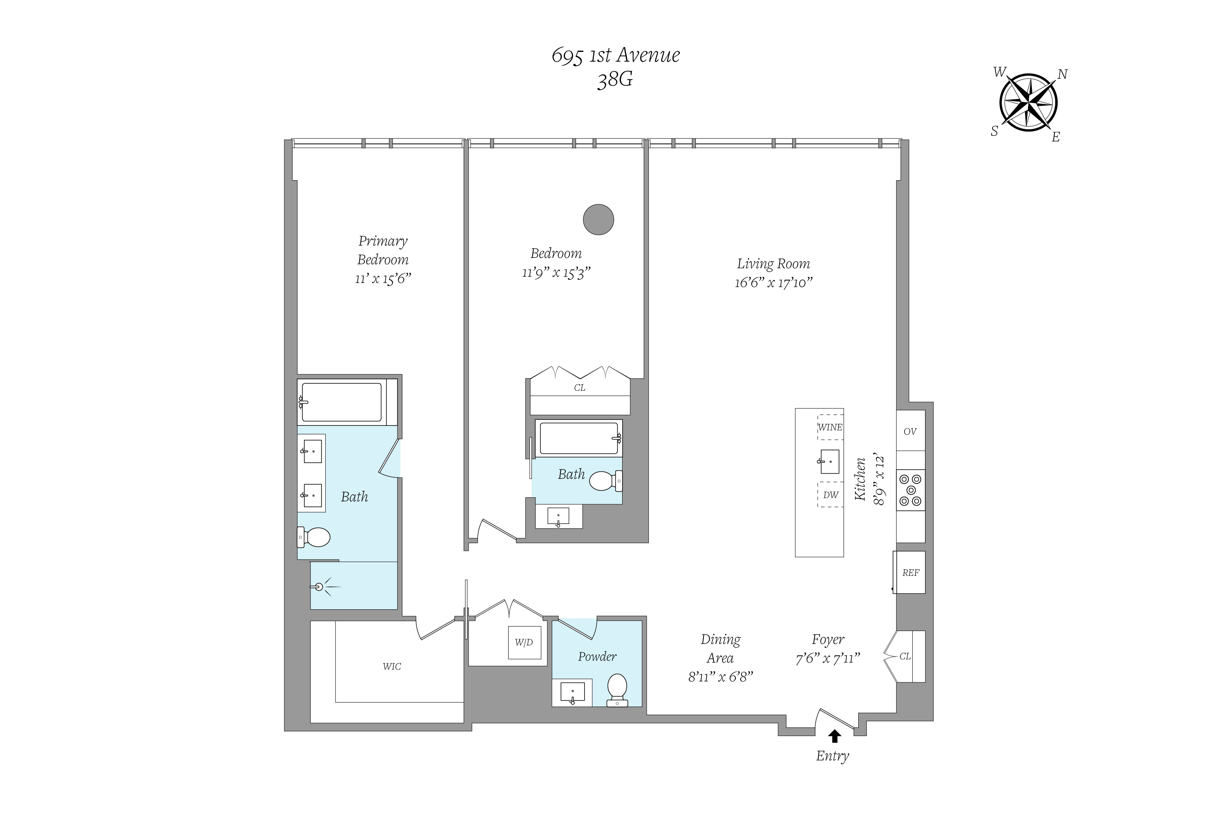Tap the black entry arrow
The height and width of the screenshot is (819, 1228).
tap(834, 736)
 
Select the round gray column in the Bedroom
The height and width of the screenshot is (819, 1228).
tap(598, 219)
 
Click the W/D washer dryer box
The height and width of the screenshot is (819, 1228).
tap(524, 642)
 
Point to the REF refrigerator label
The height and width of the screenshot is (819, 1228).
tap(911, 573)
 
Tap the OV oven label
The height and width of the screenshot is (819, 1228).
tap(910, 432)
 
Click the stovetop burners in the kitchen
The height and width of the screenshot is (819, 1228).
tap(911, 490)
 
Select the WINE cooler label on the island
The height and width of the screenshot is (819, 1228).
tap(830, 427)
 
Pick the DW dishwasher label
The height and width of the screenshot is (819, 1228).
tap(831, 495)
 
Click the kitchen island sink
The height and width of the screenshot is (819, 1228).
tap(829, 462)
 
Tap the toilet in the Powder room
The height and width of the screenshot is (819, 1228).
tap(617, 689)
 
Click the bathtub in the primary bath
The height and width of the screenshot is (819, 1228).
tap(342, 402)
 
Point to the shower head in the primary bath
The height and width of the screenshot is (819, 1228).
tap(319, 587)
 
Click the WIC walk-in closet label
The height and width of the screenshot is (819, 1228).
tap(392, 667)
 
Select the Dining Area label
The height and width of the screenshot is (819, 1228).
tap(721, 649)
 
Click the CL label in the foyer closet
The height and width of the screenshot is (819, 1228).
tap(905, 656)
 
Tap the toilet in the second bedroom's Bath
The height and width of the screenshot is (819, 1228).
tap(606, 481)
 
